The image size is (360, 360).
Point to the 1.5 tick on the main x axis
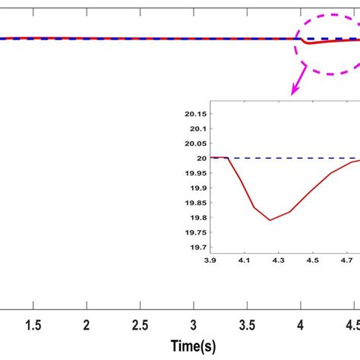tap(33, 324)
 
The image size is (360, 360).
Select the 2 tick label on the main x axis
tap(87, 324)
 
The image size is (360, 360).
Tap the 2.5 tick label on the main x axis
tap(140, 324)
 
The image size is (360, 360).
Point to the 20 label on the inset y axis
tap(201, 158)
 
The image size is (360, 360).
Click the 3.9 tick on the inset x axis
tap(210, 260)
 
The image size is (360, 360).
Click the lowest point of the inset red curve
tap(270, 220)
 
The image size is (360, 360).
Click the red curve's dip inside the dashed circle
tap(308, 43)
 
